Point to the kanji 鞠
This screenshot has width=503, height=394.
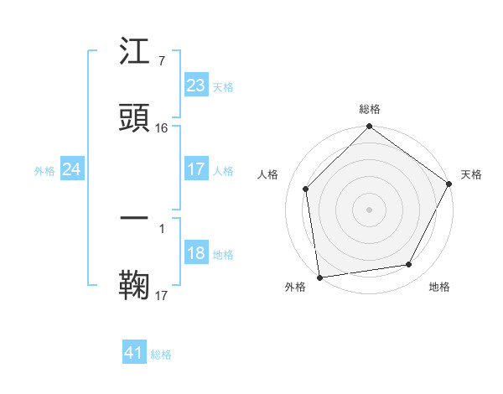click(135, 284)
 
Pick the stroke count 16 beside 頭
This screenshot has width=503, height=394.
click(162, 127)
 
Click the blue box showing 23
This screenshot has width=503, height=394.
click(195, 86)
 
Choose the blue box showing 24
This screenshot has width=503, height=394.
click(71, 170)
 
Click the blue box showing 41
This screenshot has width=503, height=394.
click(134, 353)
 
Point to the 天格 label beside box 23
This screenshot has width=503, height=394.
click(223, 87)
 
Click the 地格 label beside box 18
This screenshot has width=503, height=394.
click(223, 255)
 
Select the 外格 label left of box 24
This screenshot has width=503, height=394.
click(44, 171)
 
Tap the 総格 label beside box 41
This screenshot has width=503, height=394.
click(161, 355)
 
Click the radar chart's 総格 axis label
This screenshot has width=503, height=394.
click(370, 109)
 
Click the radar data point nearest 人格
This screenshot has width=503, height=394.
click(306, 189)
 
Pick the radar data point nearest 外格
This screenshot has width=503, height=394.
click(319, 277)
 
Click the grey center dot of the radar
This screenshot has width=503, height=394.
click(369, 209)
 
